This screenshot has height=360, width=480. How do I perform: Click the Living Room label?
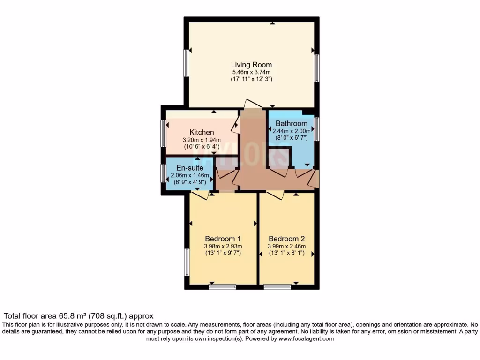click(x=251, y=65)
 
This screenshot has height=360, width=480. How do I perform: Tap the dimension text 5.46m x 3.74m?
click(x=251, y=72)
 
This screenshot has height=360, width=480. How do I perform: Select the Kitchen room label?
click(x=202, y=133)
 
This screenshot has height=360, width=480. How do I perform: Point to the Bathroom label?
click(x=291, y=124)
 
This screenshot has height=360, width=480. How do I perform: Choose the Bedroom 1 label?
click(x=223, y=238)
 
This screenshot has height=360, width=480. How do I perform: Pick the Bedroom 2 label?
click(x=286, y=238)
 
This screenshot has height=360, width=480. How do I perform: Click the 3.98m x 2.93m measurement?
click(x=223, y=246)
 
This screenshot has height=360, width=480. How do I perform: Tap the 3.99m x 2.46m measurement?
click(x=286, y=246)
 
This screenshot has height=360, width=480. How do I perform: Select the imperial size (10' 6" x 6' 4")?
click(x=202, y=147)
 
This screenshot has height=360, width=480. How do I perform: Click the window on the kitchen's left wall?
click(x=164, y=134)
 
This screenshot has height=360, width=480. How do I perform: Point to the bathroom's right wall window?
click(x=317, y=129)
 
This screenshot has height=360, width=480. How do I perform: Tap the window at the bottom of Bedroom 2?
click(x=277, y=286)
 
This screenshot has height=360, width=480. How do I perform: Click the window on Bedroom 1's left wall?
click(x=187, y=262)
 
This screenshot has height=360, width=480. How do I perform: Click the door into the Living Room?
click(x=254, y=104)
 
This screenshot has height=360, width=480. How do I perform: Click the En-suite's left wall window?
click(x=164, y=173)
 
